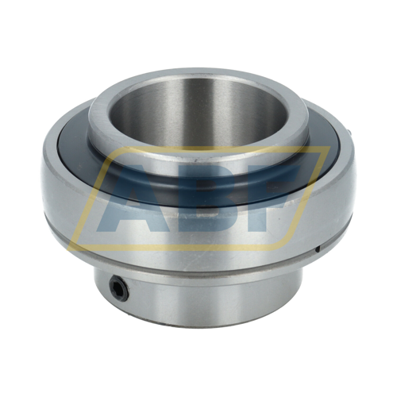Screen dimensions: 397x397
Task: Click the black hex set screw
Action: point(119,291)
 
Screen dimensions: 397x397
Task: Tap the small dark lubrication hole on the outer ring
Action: point(318,249)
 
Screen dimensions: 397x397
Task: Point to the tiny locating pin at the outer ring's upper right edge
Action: point(350,132)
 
